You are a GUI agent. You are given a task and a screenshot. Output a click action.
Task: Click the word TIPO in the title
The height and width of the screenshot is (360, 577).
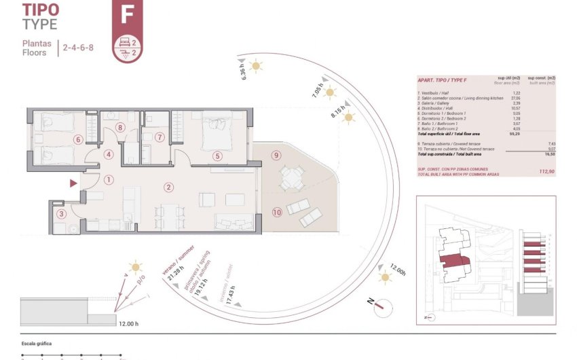(x=41, y=10)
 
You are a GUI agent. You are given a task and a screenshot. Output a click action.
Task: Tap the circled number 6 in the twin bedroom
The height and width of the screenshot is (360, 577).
(x=78, y=140)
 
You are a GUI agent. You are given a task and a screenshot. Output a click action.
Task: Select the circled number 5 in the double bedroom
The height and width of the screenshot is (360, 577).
(x=217, y=156)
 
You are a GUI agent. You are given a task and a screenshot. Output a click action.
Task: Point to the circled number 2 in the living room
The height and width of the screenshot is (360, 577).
(x=168, y=187)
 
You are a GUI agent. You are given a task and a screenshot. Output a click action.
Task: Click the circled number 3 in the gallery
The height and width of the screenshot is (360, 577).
(x=61, y=215)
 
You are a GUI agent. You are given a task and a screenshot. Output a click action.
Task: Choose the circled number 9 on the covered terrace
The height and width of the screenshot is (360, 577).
(x=276, y=155)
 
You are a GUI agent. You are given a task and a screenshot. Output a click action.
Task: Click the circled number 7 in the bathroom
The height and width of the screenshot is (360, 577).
(x=160, y=137)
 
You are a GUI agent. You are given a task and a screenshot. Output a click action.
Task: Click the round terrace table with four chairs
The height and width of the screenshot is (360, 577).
(x=292, y=179)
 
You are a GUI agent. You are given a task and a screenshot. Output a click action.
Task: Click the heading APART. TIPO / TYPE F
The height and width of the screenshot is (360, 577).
(x=441, y=79)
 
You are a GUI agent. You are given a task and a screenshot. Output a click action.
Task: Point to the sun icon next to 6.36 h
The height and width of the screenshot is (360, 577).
(x=256, y=66)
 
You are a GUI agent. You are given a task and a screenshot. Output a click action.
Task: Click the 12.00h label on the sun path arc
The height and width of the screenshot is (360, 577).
(x=398, y=270)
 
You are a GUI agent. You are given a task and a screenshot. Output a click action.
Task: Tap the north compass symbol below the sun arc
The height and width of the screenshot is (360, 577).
(x=381, y=304)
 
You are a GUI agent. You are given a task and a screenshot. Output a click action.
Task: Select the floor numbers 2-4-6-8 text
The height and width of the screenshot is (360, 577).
(x=79, y=48)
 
